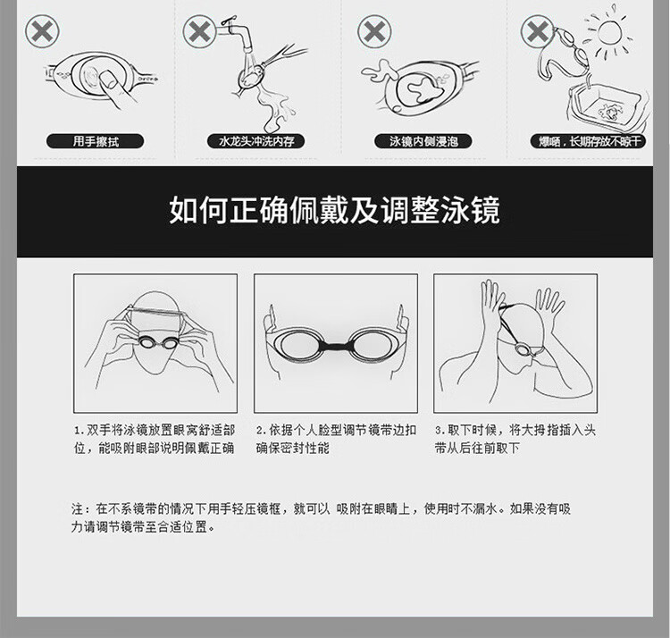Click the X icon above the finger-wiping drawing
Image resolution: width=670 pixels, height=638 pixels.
pyautogui.click(x=42, y=32)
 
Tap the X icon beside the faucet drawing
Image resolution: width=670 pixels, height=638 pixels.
pyautogui.click(x=199, y=31)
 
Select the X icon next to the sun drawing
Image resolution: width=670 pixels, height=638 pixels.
pyautogui.click(x=538, y=31)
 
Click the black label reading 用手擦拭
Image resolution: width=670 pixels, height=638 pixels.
pyautogui.click(x=95, y=141)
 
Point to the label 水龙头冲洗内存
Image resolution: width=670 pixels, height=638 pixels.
pyautogui.click(x=256, y=141)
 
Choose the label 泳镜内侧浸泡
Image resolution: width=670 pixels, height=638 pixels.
pyautogui.click(x=423, y=141)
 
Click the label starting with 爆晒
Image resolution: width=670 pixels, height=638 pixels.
pyautogui.click(x=589, y=141)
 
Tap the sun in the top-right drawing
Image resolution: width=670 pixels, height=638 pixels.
pyautogui.click(x=611, y=32)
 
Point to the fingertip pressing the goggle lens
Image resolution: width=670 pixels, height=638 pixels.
pyautogui.click(x=108, y=80)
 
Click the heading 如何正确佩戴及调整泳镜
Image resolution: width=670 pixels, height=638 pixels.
pyautogui.click(x=335, y=210)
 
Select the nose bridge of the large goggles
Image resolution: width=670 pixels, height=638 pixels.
pyautogui.click(x=336, y=346)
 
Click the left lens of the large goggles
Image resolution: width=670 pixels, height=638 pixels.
pyautogui.click(x=297, y=346)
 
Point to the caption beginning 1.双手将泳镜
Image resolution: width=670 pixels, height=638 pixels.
pyautogui.click(x=155, y=439)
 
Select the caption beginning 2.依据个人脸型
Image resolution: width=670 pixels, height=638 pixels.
pyautogui.click(x=336, y=439)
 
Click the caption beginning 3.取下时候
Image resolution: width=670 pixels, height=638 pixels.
pyautogui.click(x=515, y=439)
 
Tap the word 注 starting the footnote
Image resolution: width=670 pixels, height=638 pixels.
pyautogui.click(x=78, y=508)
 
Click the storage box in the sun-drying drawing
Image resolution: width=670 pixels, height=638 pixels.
pyautogui.click(x=606, y=108)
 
